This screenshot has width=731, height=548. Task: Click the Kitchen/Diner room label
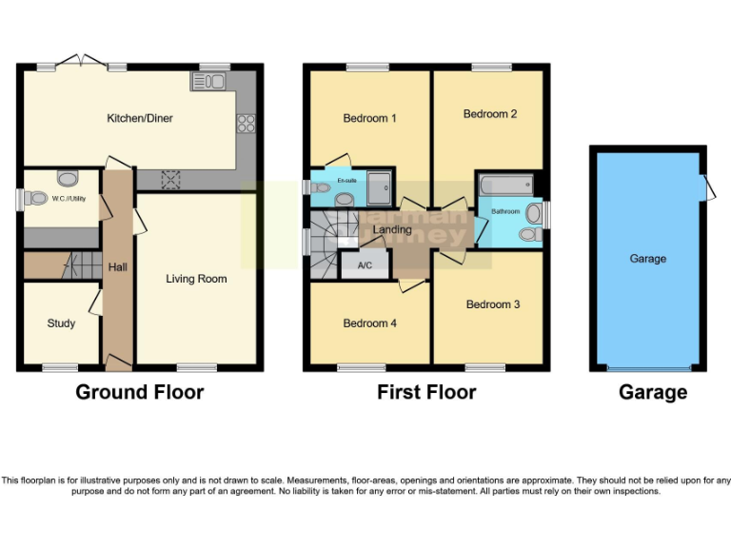[140, 119]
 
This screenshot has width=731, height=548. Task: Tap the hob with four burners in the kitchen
[245, 122]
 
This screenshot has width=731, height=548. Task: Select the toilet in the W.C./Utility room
[36, 199]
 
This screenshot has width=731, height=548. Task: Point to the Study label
[61, 323]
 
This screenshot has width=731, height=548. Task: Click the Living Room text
[196, 279]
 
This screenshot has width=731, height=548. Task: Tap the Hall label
[117, 268]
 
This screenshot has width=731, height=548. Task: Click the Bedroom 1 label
[369, 119]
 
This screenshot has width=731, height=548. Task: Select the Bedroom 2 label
[490, 114]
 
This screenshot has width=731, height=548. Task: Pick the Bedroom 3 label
[492, 304]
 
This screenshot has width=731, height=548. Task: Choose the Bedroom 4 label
[370, 323]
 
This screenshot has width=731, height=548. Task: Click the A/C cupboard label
[364, 265]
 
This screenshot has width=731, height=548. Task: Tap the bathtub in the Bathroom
[504, 184]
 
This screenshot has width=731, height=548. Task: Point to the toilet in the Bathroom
[529, 234]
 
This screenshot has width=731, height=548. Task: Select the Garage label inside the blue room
[648, 259]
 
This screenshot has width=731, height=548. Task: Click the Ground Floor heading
[139, 392]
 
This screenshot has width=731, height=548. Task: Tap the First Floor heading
[426, 392]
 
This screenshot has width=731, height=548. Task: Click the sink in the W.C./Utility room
[68, 177]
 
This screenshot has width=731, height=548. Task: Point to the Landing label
[392, 230]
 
